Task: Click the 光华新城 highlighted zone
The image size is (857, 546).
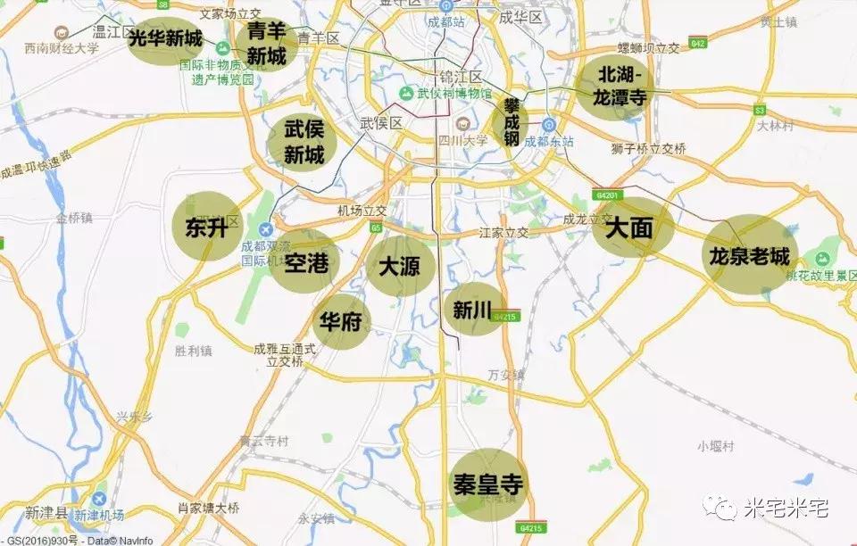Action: (167, 40)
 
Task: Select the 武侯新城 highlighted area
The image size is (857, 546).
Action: (304, 142)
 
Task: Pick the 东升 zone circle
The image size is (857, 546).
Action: (207, 227)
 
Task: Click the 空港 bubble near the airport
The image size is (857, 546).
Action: (306, 261)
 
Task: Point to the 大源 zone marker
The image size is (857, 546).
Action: (399, 266)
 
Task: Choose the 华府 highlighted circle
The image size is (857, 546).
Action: (340, 321)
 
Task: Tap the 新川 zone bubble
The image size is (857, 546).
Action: (473, 309)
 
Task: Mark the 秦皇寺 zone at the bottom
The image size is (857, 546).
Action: (487, 484)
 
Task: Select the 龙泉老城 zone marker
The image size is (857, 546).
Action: (750, 256)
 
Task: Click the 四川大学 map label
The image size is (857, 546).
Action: (462, 140)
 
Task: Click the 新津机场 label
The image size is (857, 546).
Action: (99, 515)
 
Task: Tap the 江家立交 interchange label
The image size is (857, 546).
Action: (503, 233)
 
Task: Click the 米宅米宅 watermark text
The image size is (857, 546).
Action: (786, 509)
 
